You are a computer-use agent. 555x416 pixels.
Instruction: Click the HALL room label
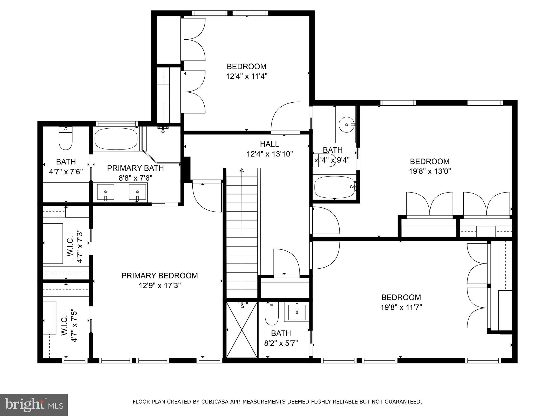pos(269,144)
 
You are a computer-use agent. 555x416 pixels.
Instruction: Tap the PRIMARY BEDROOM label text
pos(159,276)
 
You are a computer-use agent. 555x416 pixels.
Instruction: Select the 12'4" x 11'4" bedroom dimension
pos(247,76)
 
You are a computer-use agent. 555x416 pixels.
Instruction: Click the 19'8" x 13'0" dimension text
pos(430,171)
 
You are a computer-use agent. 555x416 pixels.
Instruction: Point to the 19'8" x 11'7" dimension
pos(401,307)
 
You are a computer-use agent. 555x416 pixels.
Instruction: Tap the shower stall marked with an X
pos(241,330)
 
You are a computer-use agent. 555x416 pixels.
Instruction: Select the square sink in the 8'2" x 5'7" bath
pos(297,313)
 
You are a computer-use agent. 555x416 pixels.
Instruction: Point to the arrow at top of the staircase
pos(242,170)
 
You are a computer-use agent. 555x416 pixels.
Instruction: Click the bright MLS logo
pos(34,405)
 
